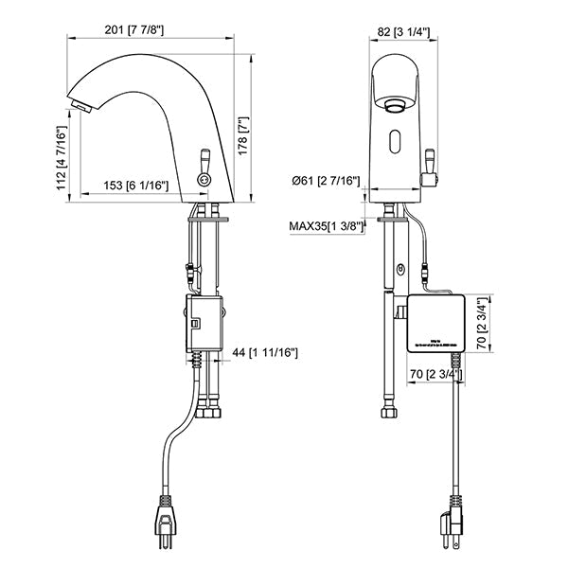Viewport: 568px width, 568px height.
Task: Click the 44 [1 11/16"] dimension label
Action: [x=265, y=352]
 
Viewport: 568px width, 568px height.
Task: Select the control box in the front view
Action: [x=435, y=323]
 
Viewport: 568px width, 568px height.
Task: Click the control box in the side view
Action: [x=200, y=323]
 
